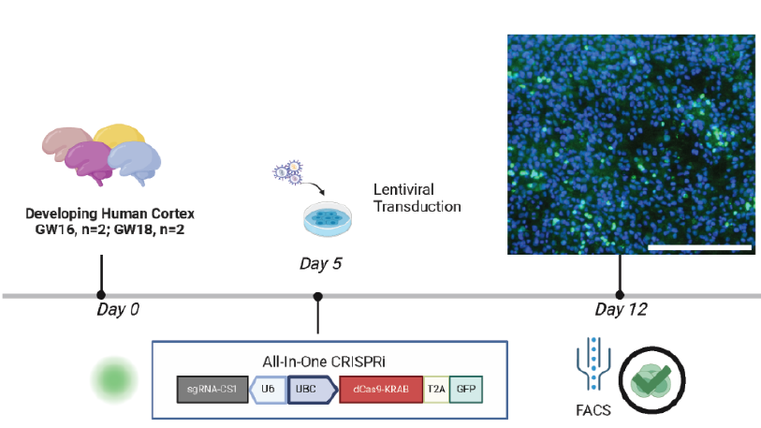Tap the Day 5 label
[x=320, y=263]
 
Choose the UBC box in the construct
[x=310, y=390]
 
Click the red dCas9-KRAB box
[x=380, y=390]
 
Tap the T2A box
[x=435, y=390]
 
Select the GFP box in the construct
[x=465, y=390]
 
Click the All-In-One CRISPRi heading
[x=329, y=361]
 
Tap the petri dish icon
[x=328, y=218]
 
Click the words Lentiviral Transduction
[x=417, y=198]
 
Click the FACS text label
[x=593, y=410]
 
